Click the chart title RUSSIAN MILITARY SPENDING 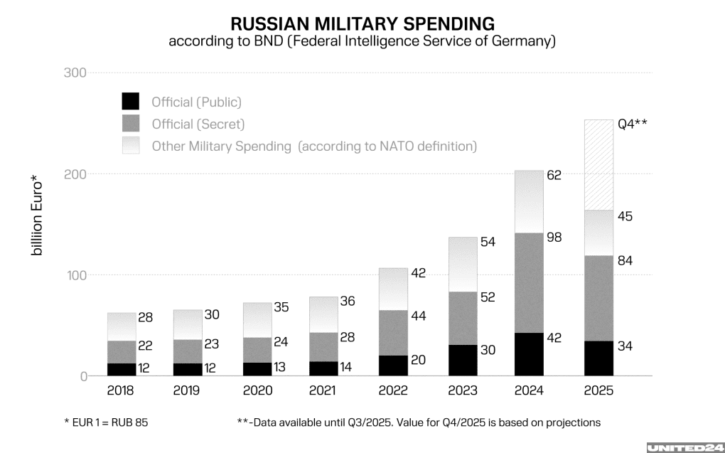point(362,23)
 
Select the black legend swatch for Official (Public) point(131,101)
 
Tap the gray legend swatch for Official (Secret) point(131,124)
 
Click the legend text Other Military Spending point(222,146)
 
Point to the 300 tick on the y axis point(75,73)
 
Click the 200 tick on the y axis point(75,174)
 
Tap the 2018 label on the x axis point(121,391)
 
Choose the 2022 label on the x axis point(393,391)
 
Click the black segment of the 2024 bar point(530,354)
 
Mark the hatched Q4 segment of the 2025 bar point(598,164)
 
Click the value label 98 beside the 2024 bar point(554,238)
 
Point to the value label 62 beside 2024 point(554,175)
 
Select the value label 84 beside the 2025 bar point(623,261)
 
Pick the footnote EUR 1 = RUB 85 point(107,422)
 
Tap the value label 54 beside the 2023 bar point(487,243)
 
